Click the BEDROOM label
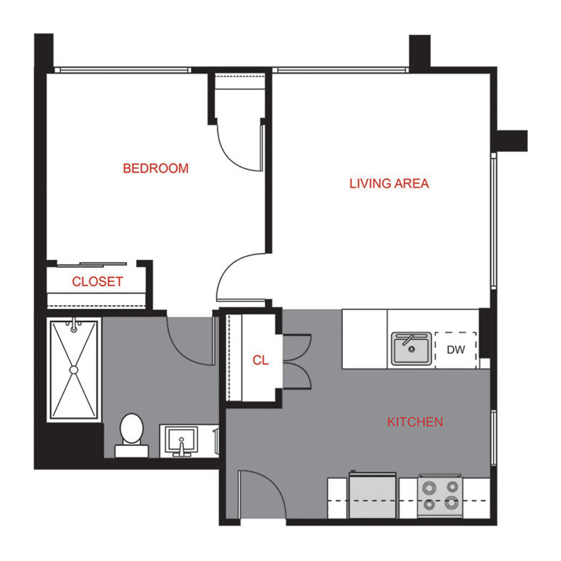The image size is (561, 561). click(155, 168)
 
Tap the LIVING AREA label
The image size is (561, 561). click(389, 183)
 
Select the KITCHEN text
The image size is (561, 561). click(415, 422)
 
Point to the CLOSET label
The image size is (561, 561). click(97, 282)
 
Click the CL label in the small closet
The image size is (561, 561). click(261, 360)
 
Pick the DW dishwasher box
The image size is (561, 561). click(456, 350)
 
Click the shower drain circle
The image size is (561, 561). click(74, 370)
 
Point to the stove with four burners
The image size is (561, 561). click(440, 495)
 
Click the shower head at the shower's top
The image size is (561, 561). click(74, 326)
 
